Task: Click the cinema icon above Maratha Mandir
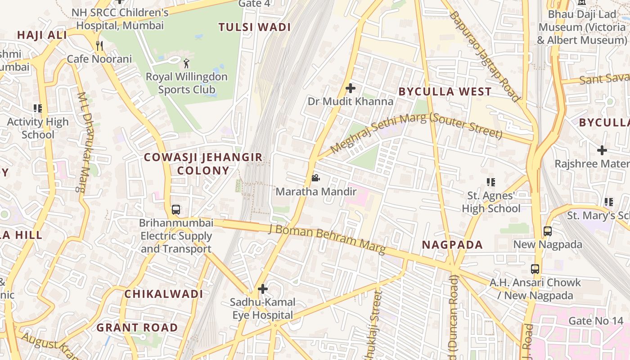tap(315, 178)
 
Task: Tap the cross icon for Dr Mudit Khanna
tap(351, 88)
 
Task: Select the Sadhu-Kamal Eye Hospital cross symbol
tap(263, 289)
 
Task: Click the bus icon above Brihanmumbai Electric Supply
tap(176, 210)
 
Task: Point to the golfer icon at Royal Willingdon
tap(187, 63)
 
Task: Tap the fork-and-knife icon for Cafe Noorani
tap(99, 45)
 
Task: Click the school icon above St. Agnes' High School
tap(491, 182)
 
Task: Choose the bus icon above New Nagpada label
tap(548, 231)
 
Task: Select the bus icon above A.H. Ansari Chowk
tap(535, 269)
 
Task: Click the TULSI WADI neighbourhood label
tap(255, 27)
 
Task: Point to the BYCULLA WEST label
tap(445, 92)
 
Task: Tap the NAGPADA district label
tap(452, 245)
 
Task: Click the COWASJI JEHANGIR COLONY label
tap(203, 164)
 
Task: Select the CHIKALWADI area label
tap(164, 294)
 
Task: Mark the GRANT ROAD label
tap(137, 328)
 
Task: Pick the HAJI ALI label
tap(42, 35)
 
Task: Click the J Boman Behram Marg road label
tap(327, 238)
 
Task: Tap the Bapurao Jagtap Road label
tap(485, 56)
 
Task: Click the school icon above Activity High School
tap(38, 108)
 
